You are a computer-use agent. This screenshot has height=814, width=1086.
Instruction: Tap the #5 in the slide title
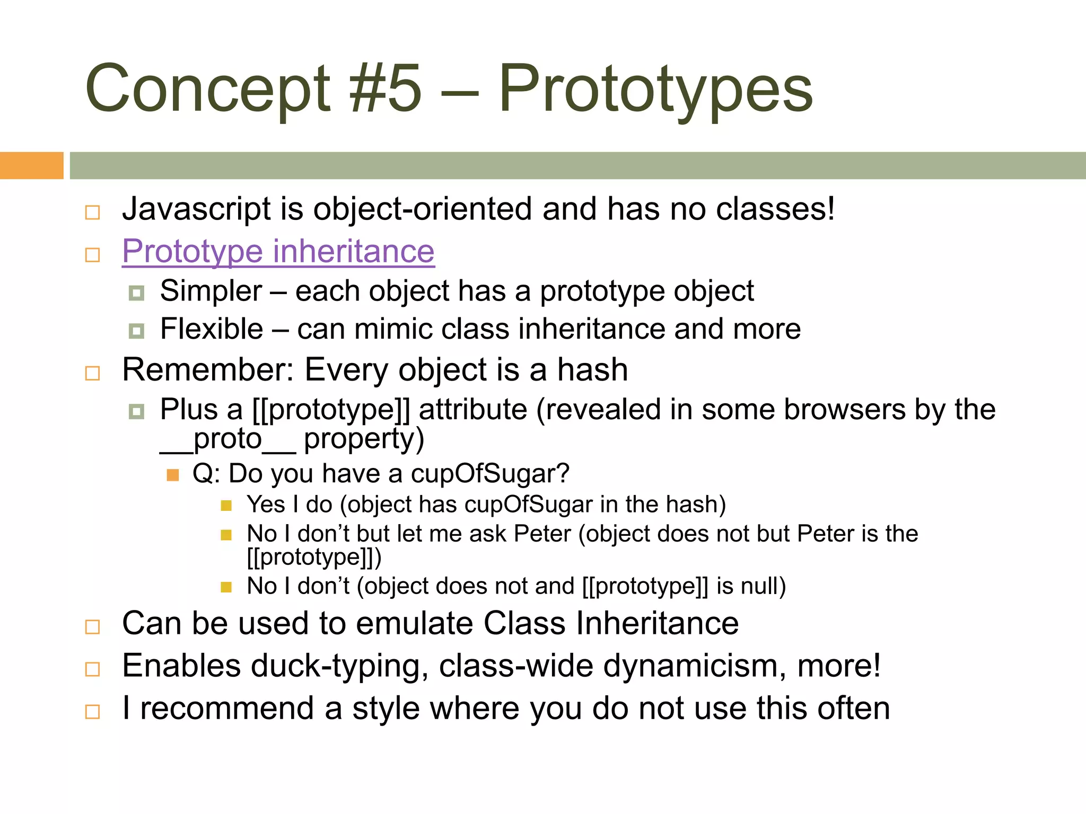click(386, 89)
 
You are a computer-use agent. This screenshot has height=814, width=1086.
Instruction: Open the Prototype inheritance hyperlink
click(278, 251)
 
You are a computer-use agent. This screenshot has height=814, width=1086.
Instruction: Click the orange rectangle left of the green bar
click(31, 165)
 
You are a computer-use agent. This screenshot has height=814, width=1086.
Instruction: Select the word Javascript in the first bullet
click(196, 209)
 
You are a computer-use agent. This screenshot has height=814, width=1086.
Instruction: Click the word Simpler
click(211, 291)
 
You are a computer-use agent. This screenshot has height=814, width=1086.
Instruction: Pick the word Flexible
click(212, 329)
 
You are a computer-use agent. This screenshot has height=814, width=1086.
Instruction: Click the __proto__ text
click(227, 439)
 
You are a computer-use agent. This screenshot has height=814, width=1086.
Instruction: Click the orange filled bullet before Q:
click(173, 475)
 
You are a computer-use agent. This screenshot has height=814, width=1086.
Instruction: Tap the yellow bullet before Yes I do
click(226, 506)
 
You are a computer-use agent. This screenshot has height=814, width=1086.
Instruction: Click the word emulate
click(414, 623)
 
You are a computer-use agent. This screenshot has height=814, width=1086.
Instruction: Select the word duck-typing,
click(339, 666)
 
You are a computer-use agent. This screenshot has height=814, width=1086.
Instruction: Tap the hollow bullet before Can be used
click(93, 627)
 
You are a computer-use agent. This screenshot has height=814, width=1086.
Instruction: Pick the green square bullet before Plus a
click(136, 411)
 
